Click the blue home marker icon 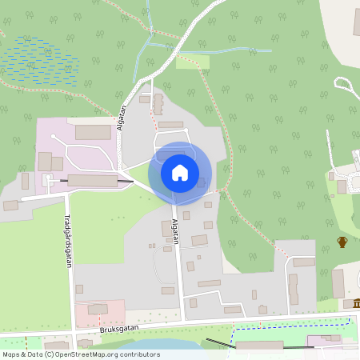tap(180, 172)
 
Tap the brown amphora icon tap(342, 242)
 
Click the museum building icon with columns tap(356, 303)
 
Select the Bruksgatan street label tap(120, 328)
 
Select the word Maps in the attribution tap(12, 354)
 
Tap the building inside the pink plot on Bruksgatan tap(98, 309)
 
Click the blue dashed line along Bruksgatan tap(288, 324)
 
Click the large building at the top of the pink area tap(93, 132)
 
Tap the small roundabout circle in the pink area tap(53, 137)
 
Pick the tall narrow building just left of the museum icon tap(338, 283)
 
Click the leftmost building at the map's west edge tap(10, 206)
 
